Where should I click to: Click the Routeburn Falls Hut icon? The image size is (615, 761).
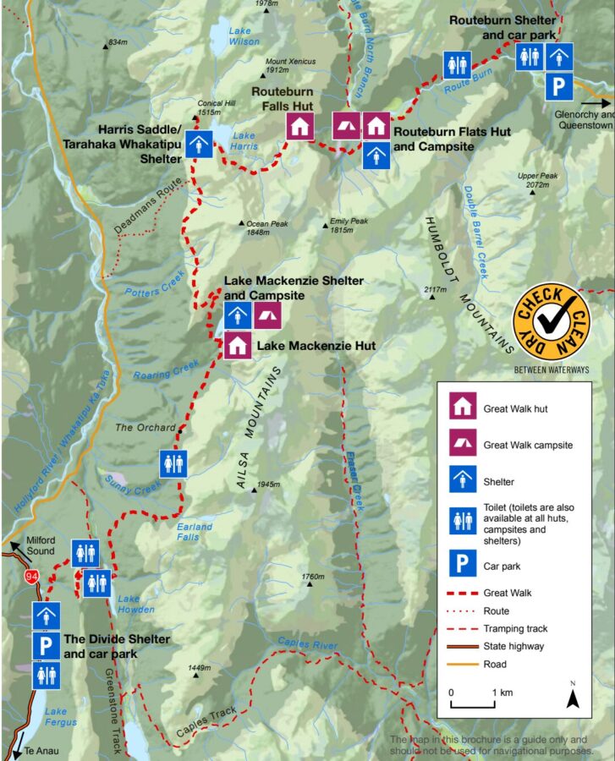point(299,127)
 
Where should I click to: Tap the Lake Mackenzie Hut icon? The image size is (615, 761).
point(238,346)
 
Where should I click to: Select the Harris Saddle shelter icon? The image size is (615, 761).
point(199,143)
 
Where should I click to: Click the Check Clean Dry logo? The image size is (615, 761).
point(551,323)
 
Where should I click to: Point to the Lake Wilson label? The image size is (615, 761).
point(244,36)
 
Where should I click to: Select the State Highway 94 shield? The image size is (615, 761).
point(31,577)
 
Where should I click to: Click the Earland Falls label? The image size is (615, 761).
point(195,532)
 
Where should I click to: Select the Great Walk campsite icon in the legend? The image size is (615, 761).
point(462,445)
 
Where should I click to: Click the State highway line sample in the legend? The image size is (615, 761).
point(462,646)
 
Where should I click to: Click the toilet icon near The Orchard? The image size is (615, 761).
point(173,463)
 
